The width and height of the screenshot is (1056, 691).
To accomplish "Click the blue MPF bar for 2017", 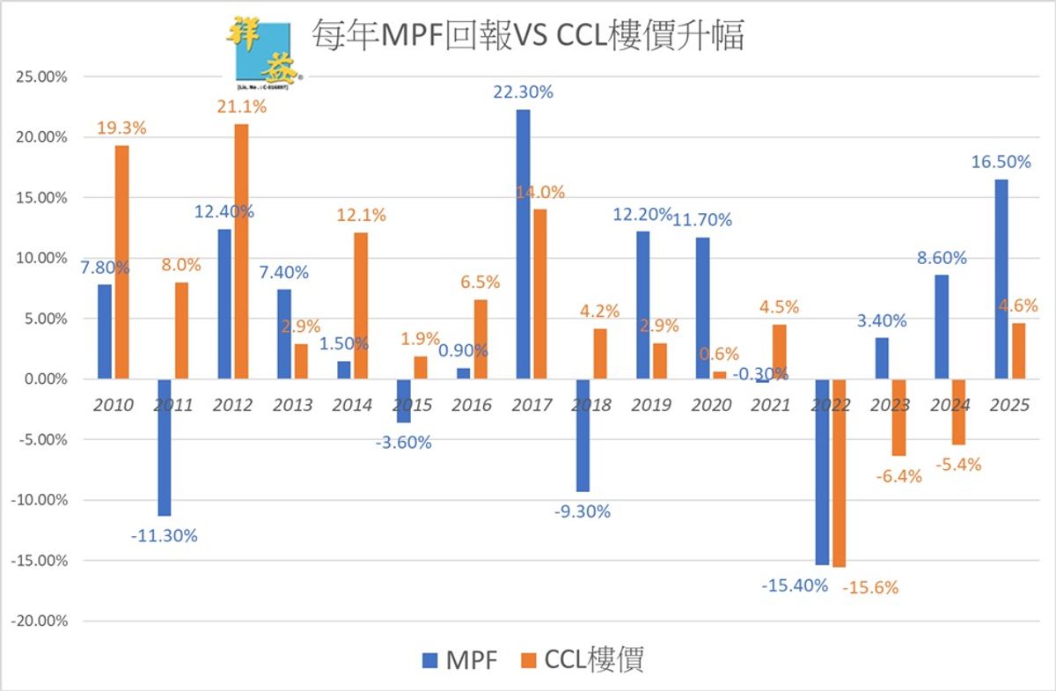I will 523,244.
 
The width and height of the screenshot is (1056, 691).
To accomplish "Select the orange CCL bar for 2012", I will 240,251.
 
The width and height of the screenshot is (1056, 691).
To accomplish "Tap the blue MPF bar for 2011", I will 165,447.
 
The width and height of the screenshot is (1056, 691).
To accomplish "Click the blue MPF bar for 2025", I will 1001,279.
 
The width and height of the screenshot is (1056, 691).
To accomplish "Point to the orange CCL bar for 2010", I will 121,261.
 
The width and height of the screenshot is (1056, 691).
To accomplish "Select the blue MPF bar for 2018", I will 583,435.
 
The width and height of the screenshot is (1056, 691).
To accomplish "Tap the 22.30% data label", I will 523,92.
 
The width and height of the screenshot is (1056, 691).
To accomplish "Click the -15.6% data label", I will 869,588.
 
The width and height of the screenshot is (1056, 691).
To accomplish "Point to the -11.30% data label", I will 165,535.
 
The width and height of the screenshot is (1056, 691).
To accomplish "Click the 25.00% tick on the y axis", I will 41,77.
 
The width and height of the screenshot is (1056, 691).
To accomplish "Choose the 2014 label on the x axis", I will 351,406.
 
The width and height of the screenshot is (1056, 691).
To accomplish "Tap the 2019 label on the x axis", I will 651,406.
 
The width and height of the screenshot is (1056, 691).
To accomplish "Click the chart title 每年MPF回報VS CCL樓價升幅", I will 528,36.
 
